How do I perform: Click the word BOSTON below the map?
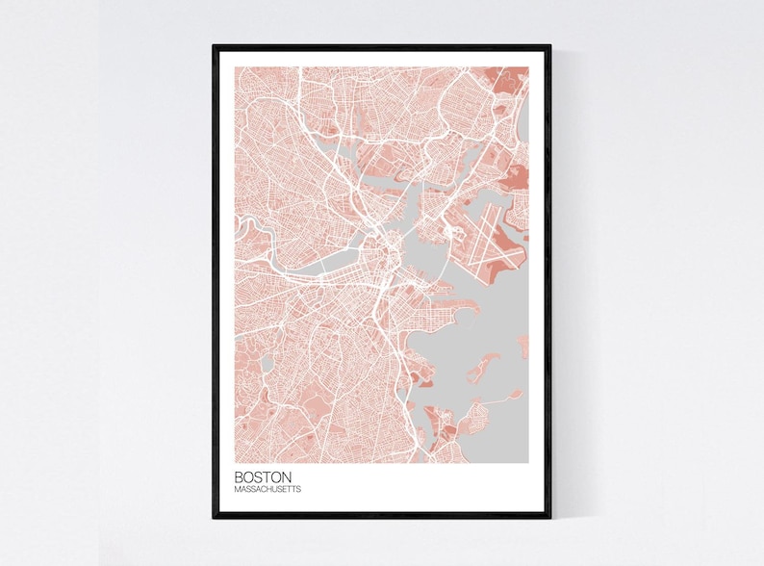pos(263,476)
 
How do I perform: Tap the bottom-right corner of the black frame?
pos(549,516)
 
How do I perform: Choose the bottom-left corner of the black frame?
pos(215,516)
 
